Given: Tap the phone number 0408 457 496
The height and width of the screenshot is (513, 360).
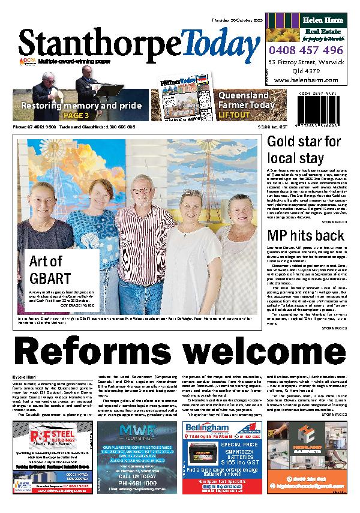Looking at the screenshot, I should tap(306, 50).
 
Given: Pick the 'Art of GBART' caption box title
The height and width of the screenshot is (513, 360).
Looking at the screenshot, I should tap(46, 270).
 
